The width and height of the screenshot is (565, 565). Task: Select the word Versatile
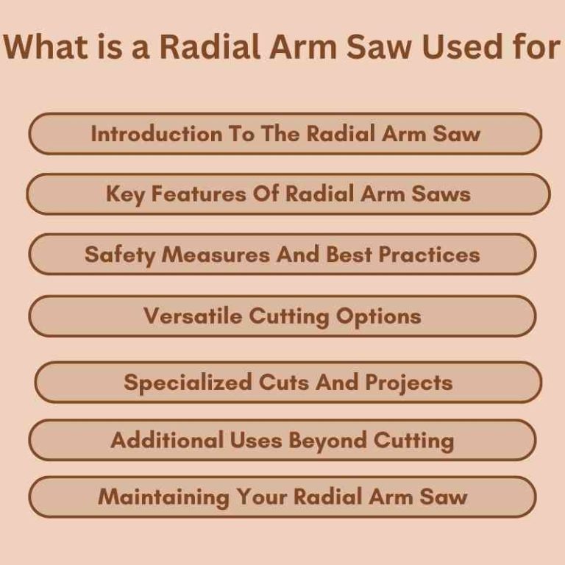click(x=193, y=316)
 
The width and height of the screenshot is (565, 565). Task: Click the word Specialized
click(x=188, y=383)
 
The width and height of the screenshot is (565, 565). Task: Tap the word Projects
click(x=408, y=383)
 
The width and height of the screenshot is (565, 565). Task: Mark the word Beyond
click(x=328, y=440)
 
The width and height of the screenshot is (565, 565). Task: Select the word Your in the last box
click(x=262, y=497)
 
